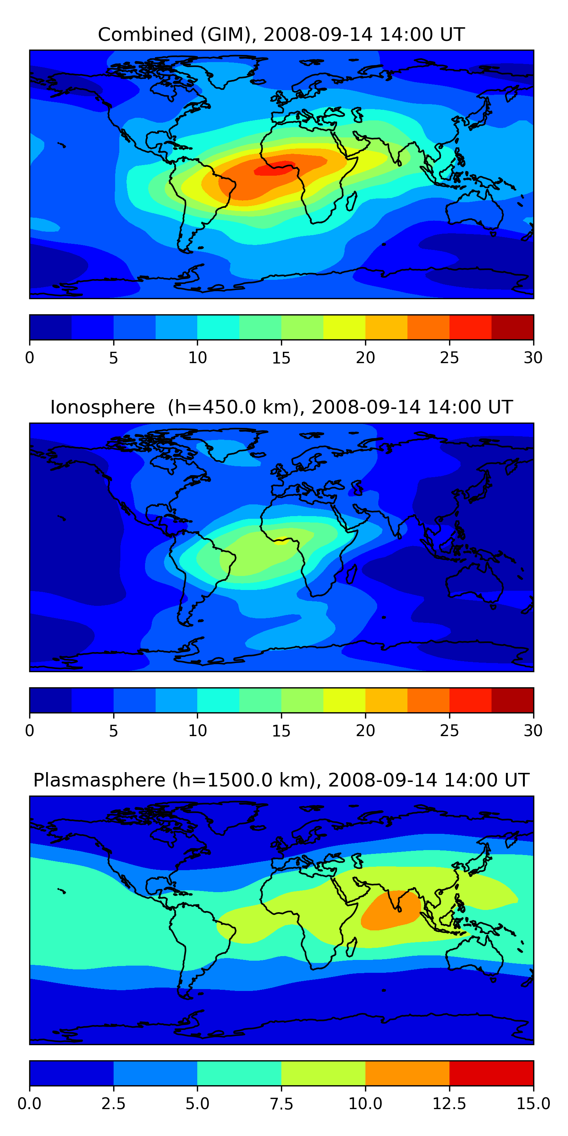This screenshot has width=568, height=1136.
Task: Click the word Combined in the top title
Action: point(145,34)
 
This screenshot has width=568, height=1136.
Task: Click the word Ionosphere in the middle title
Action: point(102,407)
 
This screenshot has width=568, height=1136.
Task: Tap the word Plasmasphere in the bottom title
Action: point(99,780)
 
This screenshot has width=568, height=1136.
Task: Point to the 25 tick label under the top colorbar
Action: point(449,357)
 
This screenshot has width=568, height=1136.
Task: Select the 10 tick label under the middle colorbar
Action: point(197,731)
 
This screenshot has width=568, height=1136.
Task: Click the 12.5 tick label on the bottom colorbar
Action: point(449,1104)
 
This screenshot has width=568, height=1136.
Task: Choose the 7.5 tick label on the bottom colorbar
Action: point(281,1104)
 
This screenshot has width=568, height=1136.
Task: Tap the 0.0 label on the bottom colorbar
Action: point(30,1104)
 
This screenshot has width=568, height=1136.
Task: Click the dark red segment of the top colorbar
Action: point(512,327)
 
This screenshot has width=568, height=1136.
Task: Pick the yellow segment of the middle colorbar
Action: point(344,700)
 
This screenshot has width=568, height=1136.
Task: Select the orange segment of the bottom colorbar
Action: point(407,1073)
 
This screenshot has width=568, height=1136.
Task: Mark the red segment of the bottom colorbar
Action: point(491,1073)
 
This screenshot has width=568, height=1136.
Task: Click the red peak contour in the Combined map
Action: point(273,169)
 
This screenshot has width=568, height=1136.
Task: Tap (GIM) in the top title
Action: point(228,34)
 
